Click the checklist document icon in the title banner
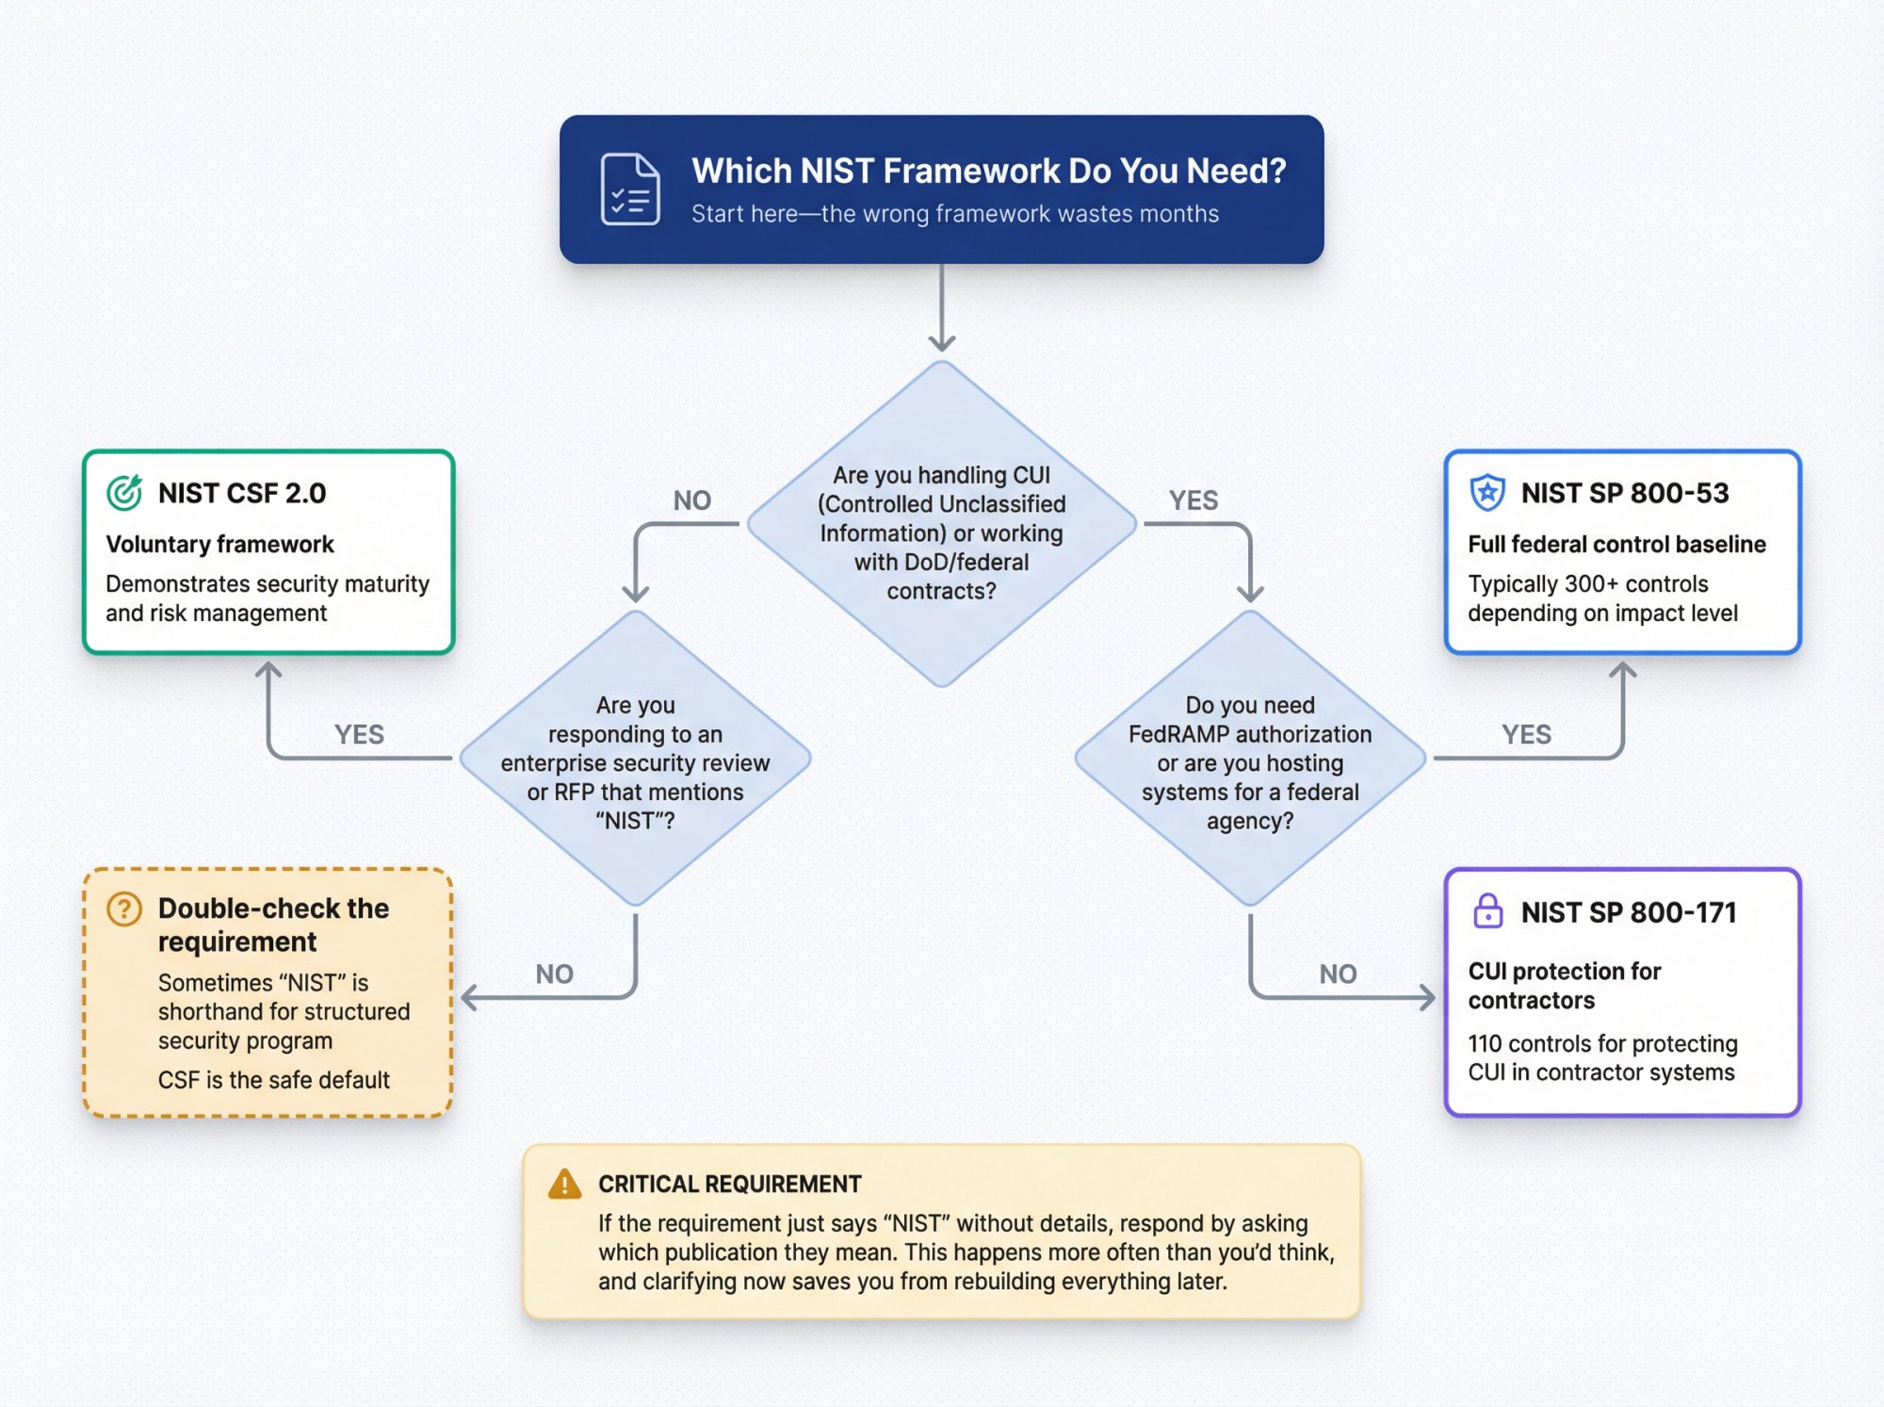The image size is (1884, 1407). coord(629,188)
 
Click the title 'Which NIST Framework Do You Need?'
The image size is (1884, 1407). coord(988,171)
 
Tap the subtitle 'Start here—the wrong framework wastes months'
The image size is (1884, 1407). coord(954,214)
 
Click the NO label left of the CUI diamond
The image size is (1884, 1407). coord(691,500)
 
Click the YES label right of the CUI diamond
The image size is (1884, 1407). coord(1193,500)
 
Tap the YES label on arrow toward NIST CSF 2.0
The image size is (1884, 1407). coord(359,734)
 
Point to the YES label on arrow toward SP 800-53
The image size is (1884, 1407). coord(1525,734)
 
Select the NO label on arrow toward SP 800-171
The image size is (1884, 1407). coord(1337,973)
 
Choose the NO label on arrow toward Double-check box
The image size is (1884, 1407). coord(554,973)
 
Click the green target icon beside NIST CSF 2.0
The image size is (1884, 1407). coord(124,492)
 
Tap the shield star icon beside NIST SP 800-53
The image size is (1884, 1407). coord(1486,492)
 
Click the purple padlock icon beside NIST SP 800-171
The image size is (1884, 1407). coord(1486,910)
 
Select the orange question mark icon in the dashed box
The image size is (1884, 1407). coord(124,908)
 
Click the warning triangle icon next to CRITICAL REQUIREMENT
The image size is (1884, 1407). coord(564,1184)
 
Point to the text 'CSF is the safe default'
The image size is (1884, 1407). coord(273,1080)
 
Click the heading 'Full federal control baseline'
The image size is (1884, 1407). coord(1616,544)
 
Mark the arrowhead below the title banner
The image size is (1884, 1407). coord(941,344)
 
